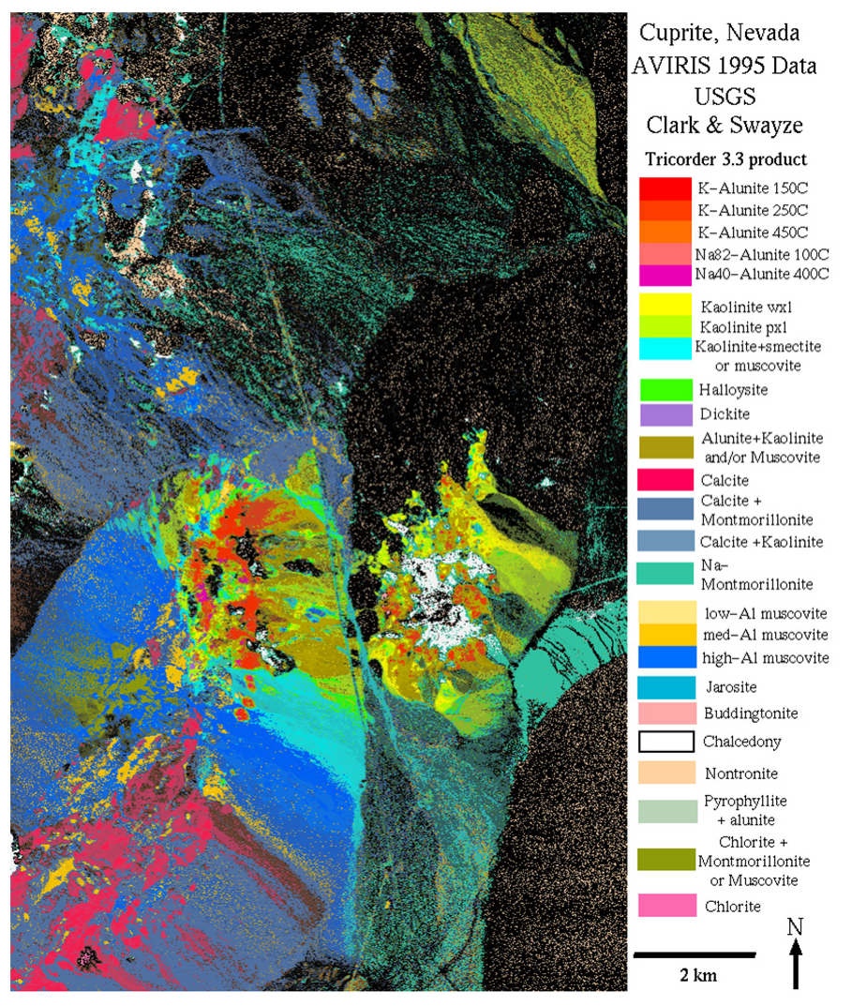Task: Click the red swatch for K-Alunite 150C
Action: [664, 187]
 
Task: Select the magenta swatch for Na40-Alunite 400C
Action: [664, 275]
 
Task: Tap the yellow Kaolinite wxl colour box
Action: [664, 306]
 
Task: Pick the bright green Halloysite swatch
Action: [664, 387]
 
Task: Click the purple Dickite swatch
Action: [664, 413]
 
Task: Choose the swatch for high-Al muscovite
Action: [664, 657]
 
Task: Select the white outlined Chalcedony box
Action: [664, 741]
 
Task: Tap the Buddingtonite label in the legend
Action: [750, 713]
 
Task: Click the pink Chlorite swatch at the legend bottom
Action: [664, 906]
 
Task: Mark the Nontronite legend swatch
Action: [664, 773]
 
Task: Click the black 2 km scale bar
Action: [695, 954]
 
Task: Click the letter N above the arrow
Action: [796, 926]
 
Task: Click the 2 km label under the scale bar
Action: [697, 975]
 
